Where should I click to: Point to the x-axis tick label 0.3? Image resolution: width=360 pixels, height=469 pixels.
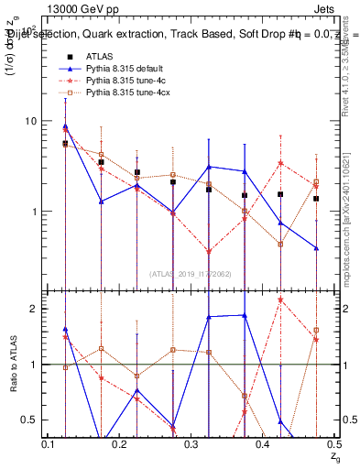tap(191, 444)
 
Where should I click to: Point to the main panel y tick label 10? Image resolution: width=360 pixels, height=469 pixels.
tap(30, 122)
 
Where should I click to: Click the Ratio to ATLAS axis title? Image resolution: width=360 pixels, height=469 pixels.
tap(12, 365)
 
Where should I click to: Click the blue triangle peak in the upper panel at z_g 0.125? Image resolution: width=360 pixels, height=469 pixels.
tap(65, 126)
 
